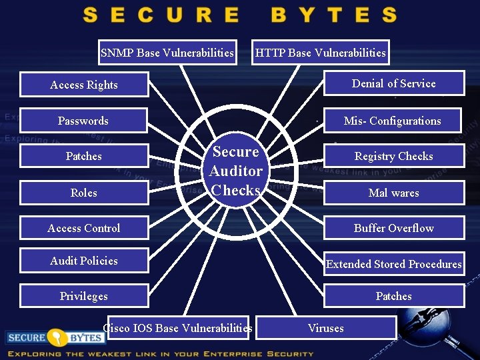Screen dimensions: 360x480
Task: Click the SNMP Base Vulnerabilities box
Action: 167,53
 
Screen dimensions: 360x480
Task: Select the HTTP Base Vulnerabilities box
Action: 320,53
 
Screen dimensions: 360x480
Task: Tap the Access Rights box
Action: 84,85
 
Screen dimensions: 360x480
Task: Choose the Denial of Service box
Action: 393,83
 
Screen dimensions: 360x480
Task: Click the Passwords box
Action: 83,121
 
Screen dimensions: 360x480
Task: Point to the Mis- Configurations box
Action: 393,121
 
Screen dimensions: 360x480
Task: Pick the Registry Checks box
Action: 394,156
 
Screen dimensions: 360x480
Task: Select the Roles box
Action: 84,193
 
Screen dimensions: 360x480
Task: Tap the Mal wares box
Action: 394,193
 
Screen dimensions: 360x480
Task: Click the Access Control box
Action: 84,228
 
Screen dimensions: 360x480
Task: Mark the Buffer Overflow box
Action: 394,228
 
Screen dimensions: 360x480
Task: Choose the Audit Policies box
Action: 84,261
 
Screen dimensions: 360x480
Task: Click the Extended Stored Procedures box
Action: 394,264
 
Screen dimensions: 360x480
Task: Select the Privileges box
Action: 84,296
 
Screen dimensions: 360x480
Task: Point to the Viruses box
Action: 326,328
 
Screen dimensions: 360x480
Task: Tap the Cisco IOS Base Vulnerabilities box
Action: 177,328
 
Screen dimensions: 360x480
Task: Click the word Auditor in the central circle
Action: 236,171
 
